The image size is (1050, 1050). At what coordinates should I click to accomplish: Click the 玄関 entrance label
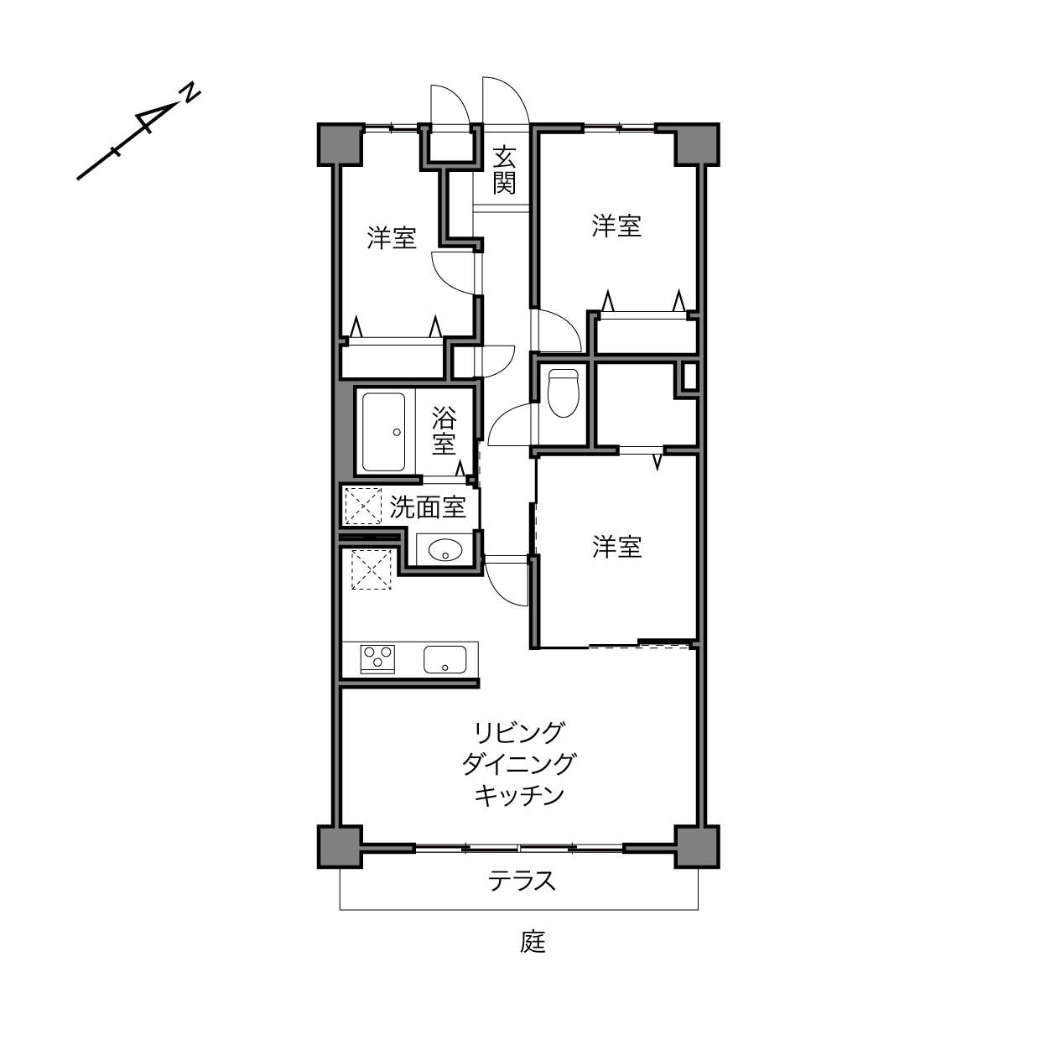tap(504, 170)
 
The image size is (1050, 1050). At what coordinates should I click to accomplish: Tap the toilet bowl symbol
tap(563, 392)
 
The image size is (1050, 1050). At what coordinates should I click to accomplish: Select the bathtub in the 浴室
tap(383, 432)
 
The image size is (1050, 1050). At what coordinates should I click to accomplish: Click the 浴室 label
tap(444, 430)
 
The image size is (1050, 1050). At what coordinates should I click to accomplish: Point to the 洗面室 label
tap(428, 507)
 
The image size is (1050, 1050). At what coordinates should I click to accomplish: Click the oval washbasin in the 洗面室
tap(445, 549)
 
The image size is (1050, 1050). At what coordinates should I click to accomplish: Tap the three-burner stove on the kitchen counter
tap(377, 659)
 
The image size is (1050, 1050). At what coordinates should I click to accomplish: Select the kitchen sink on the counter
tap(444, 659)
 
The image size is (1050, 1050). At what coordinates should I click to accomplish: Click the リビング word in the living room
tap(519, 733)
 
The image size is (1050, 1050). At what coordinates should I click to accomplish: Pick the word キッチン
tap(519, 796)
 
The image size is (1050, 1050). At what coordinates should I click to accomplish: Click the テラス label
tap(522, 881)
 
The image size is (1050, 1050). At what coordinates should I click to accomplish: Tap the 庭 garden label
tap(533, 942)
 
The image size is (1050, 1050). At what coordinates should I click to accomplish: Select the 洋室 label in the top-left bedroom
tap(391, 238)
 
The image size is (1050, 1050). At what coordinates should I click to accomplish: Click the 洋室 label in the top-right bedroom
tap(616, 226)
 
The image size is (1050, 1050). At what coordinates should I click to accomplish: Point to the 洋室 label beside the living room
tap(616, 547)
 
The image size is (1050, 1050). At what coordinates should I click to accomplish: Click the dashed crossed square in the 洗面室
tap(363, 507)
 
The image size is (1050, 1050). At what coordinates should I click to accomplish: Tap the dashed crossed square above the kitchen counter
tap(372, 569)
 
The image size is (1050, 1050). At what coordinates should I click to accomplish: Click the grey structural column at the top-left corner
tap(340, 144)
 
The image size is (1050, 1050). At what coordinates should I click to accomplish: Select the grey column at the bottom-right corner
tap(697, 846)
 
